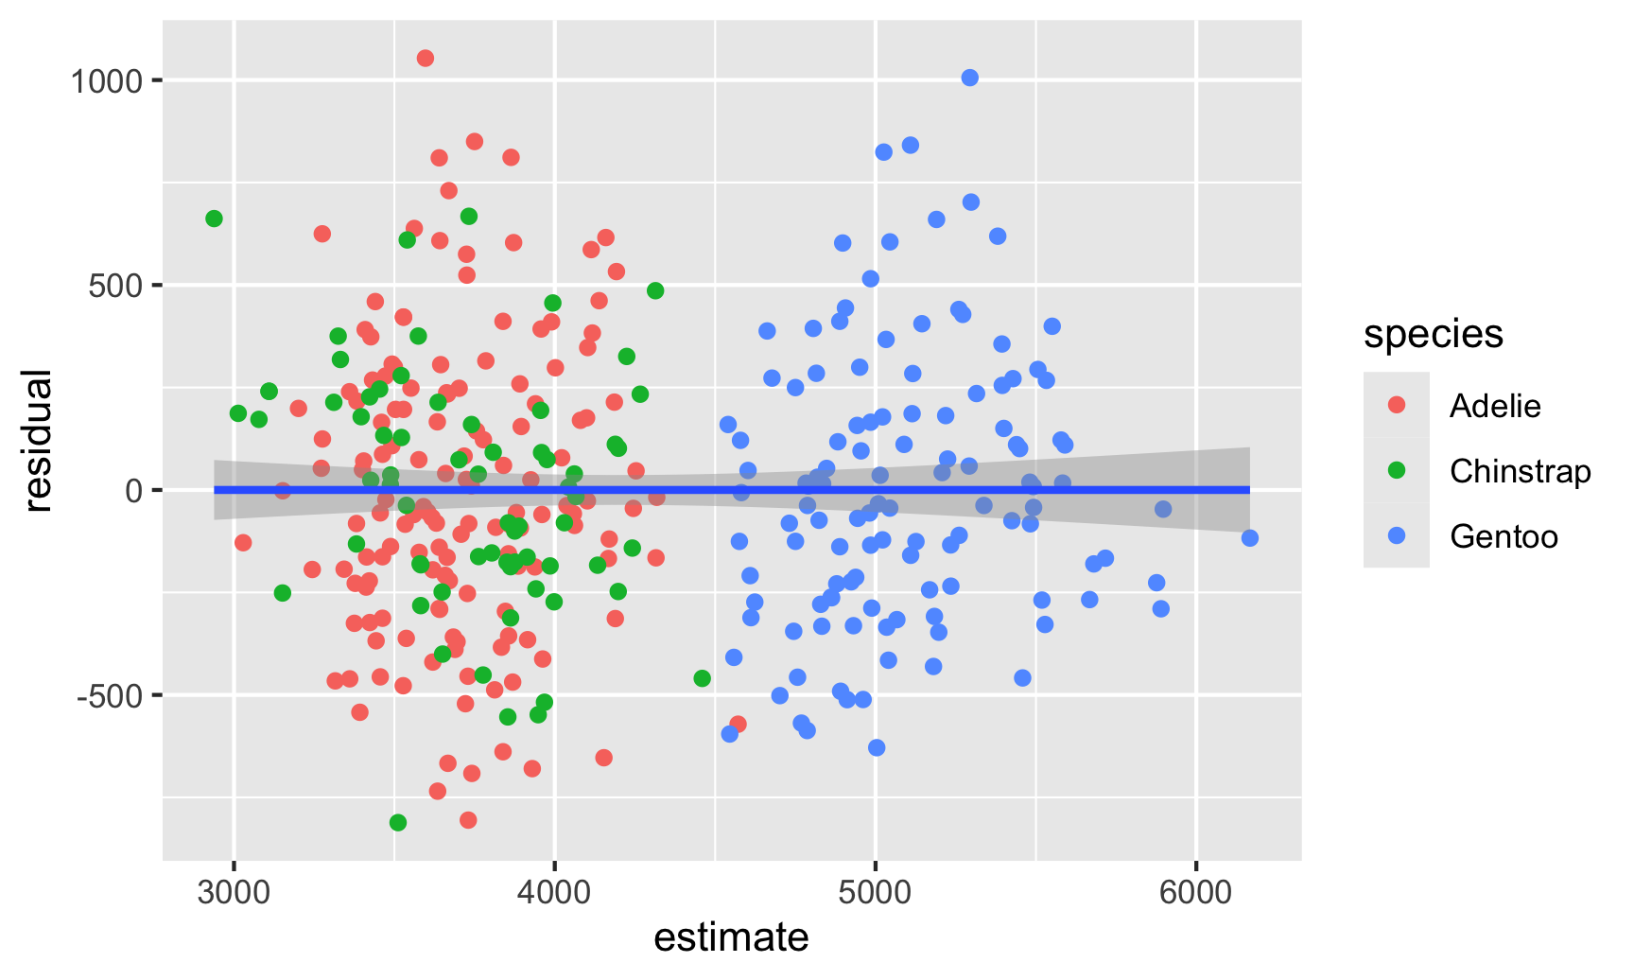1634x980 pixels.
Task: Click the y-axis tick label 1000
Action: tap(107, 81)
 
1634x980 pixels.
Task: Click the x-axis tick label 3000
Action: tap(234, 894)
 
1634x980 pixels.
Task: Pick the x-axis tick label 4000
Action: tap(555, 894)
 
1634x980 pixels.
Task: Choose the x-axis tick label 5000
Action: tap(876, 894)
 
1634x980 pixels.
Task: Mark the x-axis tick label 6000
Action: tap(1197, 894)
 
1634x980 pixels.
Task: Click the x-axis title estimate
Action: tap(731, 938)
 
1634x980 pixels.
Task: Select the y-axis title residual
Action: tap(38, 441)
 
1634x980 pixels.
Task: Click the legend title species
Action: tap(1434, 334)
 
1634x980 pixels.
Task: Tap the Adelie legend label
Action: tap(1495, 406)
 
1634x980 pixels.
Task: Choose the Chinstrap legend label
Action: tap(1520, 471)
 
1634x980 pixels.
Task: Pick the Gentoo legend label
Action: tap(1504, 536)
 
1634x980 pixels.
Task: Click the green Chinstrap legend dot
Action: tap(1396, 471)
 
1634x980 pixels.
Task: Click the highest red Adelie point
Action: tap(426, 59)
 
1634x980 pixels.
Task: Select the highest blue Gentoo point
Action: tap(970, 78)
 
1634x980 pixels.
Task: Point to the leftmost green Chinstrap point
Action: tap(214, 219)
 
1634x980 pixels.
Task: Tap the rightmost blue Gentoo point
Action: tap(1250, 538)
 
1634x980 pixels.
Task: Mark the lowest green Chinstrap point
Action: tap(398, 823)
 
